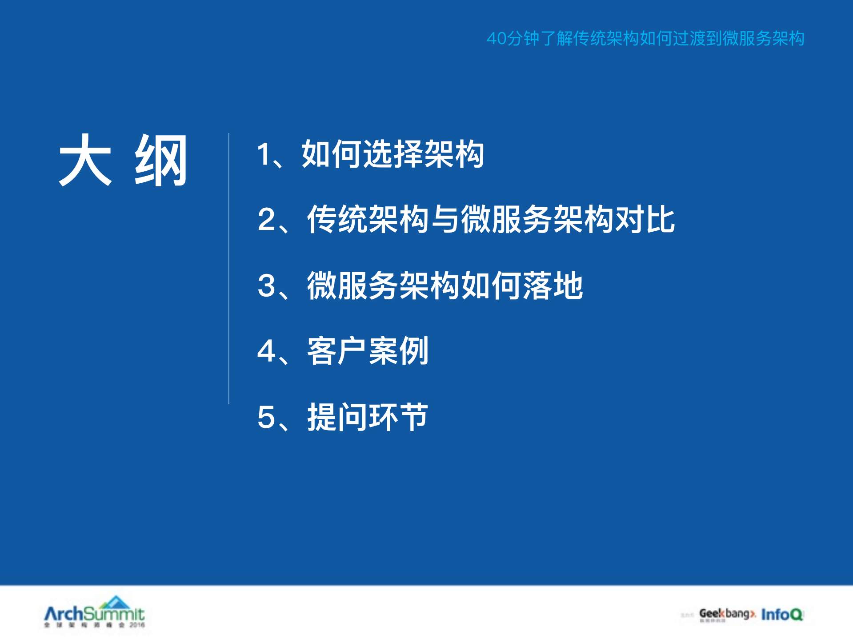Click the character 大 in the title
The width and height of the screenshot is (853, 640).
[85, 160]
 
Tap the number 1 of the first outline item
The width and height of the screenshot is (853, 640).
[264, 154]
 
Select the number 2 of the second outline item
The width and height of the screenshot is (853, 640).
[267, 220]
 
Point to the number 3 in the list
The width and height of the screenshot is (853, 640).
[267, 286]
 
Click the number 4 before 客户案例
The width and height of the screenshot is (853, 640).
[267, 351]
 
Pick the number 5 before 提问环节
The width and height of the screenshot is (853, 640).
[267, 417]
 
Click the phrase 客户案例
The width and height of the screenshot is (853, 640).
[368, 351]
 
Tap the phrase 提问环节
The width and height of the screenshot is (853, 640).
[368, 417]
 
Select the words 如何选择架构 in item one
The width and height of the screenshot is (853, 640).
[393, 154]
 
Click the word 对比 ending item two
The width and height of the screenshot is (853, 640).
[645, 220]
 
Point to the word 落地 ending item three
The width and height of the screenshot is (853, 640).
[553, 286]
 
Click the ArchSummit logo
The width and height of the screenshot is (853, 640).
[94, 614]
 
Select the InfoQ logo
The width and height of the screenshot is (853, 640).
[782, 614]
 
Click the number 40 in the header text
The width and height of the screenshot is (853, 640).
[497, 39]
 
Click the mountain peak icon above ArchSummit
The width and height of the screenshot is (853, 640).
[115, 602]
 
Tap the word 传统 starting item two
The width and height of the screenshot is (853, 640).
[337, 220]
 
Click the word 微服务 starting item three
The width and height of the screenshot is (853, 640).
[352, 286]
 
